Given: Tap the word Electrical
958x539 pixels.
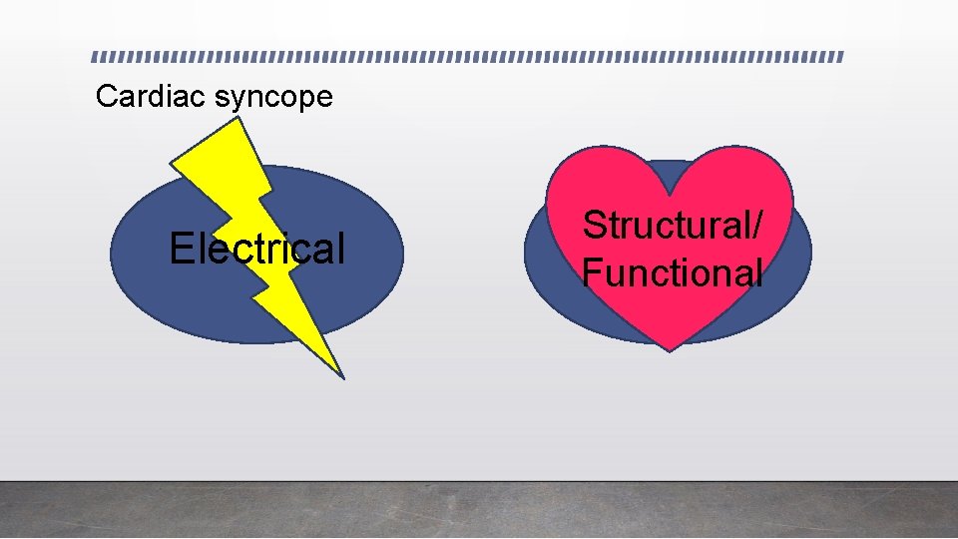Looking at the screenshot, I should pos(256,249).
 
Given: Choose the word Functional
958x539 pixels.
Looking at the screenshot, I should pos(674,271).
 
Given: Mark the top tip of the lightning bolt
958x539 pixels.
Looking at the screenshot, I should pos(238,119).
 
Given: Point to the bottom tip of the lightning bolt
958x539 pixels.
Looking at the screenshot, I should pos(342,377).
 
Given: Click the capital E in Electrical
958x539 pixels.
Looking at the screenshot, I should pos(181,249).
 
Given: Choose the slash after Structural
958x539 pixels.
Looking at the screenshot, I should pos(761,226).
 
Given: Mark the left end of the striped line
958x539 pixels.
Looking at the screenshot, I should pos(92,57).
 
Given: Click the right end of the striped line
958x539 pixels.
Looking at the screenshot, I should pos(841,57).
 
